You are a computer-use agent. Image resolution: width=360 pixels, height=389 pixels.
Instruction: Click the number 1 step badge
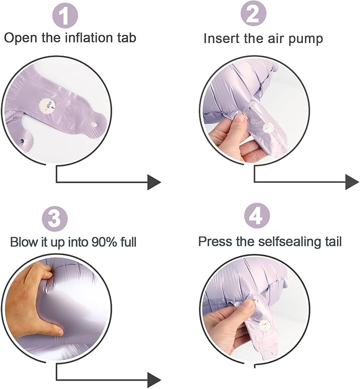tap(65, 15)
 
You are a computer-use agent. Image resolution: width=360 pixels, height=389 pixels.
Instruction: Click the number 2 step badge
tap(253, 13)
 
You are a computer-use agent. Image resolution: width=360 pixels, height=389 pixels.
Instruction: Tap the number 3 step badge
tap(55, 219)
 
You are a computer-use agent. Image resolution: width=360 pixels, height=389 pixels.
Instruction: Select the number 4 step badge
tap(257, 216)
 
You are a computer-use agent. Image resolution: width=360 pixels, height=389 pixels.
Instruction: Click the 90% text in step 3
tap(104, 242)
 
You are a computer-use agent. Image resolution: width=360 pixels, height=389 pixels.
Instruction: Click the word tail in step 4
tap(333, 241)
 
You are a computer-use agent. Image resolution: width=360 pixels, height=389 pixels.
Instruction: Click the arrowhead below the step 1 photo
tap(154, 182)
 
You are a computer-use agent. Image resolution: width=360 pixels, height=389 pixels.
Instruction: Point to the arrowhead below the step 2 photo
tap(352, 182)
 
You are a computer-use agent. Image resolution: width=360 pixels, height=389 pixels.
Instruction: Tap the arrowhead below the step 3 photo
tap(154, 379)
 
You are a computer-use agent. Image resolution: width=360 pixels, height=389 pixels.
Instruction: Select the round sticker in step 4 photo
tap(265, 325)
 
